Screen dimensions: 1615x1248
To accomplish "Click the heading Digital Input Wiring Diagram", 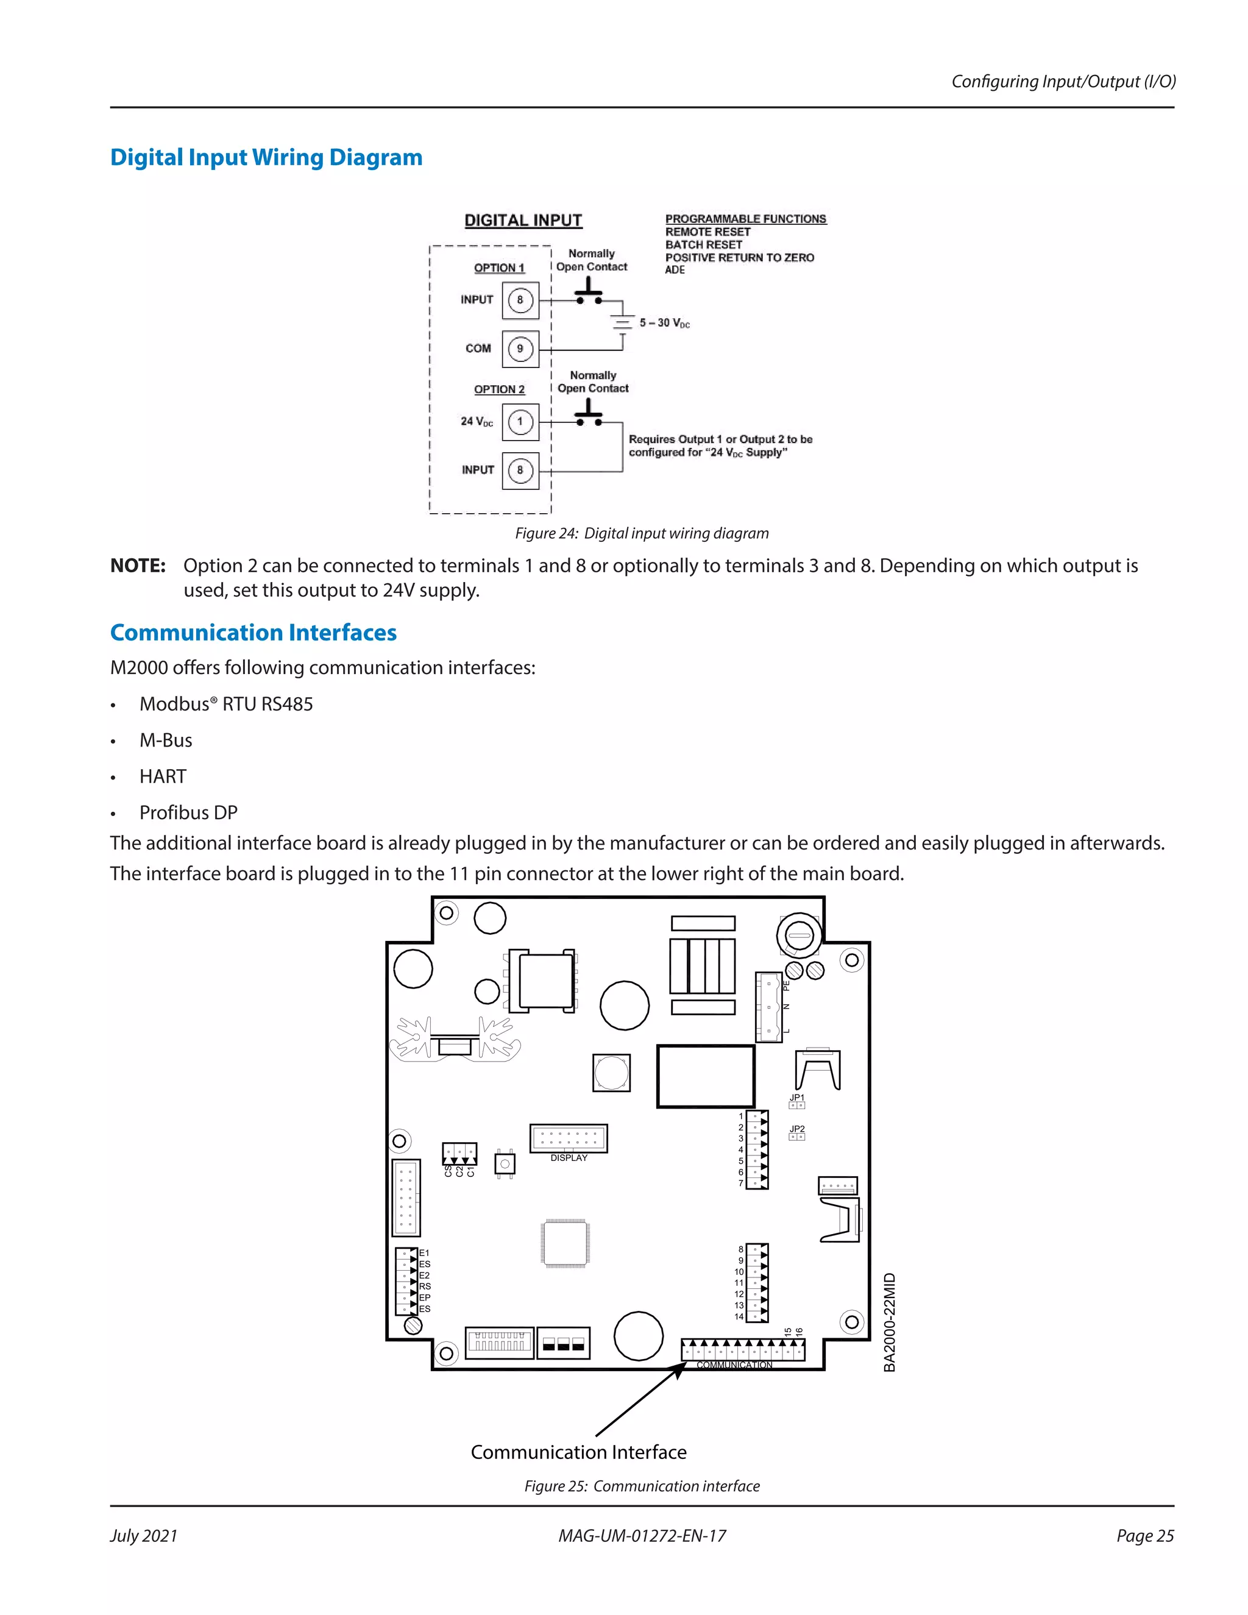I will (x=266, y=157).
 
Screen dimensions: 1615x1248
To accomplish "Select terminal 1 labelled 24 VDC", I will (x=520, y=422).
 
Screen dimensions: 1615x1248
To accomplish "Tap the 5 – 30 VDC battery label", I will (x=665, y=323).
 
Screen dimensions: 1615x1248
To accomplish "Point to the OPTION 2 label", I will (x=499, y=389).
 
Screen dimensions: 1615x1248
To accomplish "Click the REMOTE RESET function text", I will (x=707, y=232).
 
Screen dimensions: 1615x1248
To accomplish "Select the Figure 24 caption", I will (x=642, y=533).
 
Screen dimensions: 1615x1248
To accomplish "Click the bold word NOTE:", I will (x=138, y=566).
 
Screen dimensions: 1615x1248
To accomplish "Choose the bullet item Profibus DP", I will (x=188, y=812).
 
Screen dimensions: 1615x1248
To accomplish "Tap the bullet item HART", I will (x=163, y=776).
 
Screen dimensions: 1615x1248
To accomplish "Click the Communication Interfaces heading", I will (x=253, y=633).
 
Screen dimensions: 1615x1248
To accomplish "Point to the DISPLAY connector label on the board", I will (x=569, y=1158).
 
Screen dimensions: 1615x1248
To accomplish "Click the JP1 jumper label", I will (x=796, y=1098).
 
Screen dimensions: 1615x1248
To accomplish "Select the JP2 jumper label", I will (x=796, y=1129).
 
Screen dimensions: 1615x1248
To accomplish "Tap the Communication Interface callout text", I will (x=578, y=1452).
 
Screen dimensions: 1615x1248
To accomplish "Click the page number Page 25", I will (x=1144, y=1536).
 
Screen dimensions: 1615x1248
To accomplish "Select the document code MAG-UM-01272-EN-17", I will (x=642, y=1536).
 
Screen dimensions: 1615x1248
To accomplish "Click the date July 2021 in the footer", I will (x=144, y=1536).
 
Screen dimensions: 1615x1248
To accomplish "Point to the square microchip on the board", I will (x=565, y=1243).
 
